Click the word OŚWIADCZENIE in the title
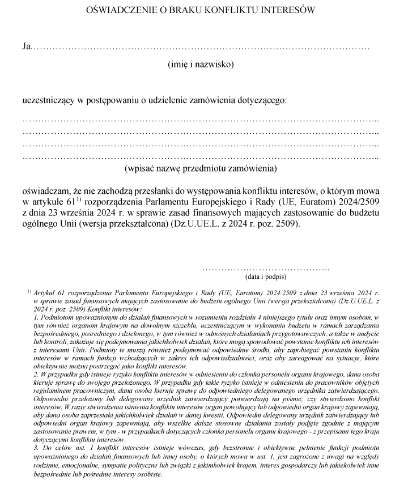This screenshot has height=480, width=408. [x=116, y=10]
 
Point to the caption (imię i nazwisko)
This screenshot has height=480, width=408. [x=201, y=65]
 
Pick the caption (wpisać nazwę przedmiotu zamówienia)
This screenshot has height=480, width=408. [x=201, y=169]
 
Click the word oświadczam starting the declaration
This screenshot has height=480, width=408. [x=45, y=190]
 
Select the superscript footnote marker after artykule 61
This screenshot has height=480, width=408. [x=79, y=198]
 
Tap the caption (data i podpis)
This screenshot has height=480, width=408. [x=266, y=277]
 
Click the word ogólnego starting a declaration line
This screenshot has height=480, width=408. [x=40, y=224]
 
